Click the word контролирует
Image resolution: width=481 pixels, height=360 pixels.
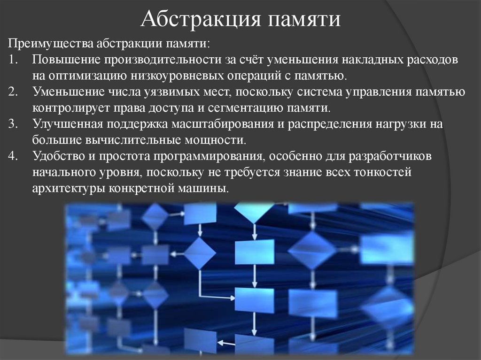pos(71,107)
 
